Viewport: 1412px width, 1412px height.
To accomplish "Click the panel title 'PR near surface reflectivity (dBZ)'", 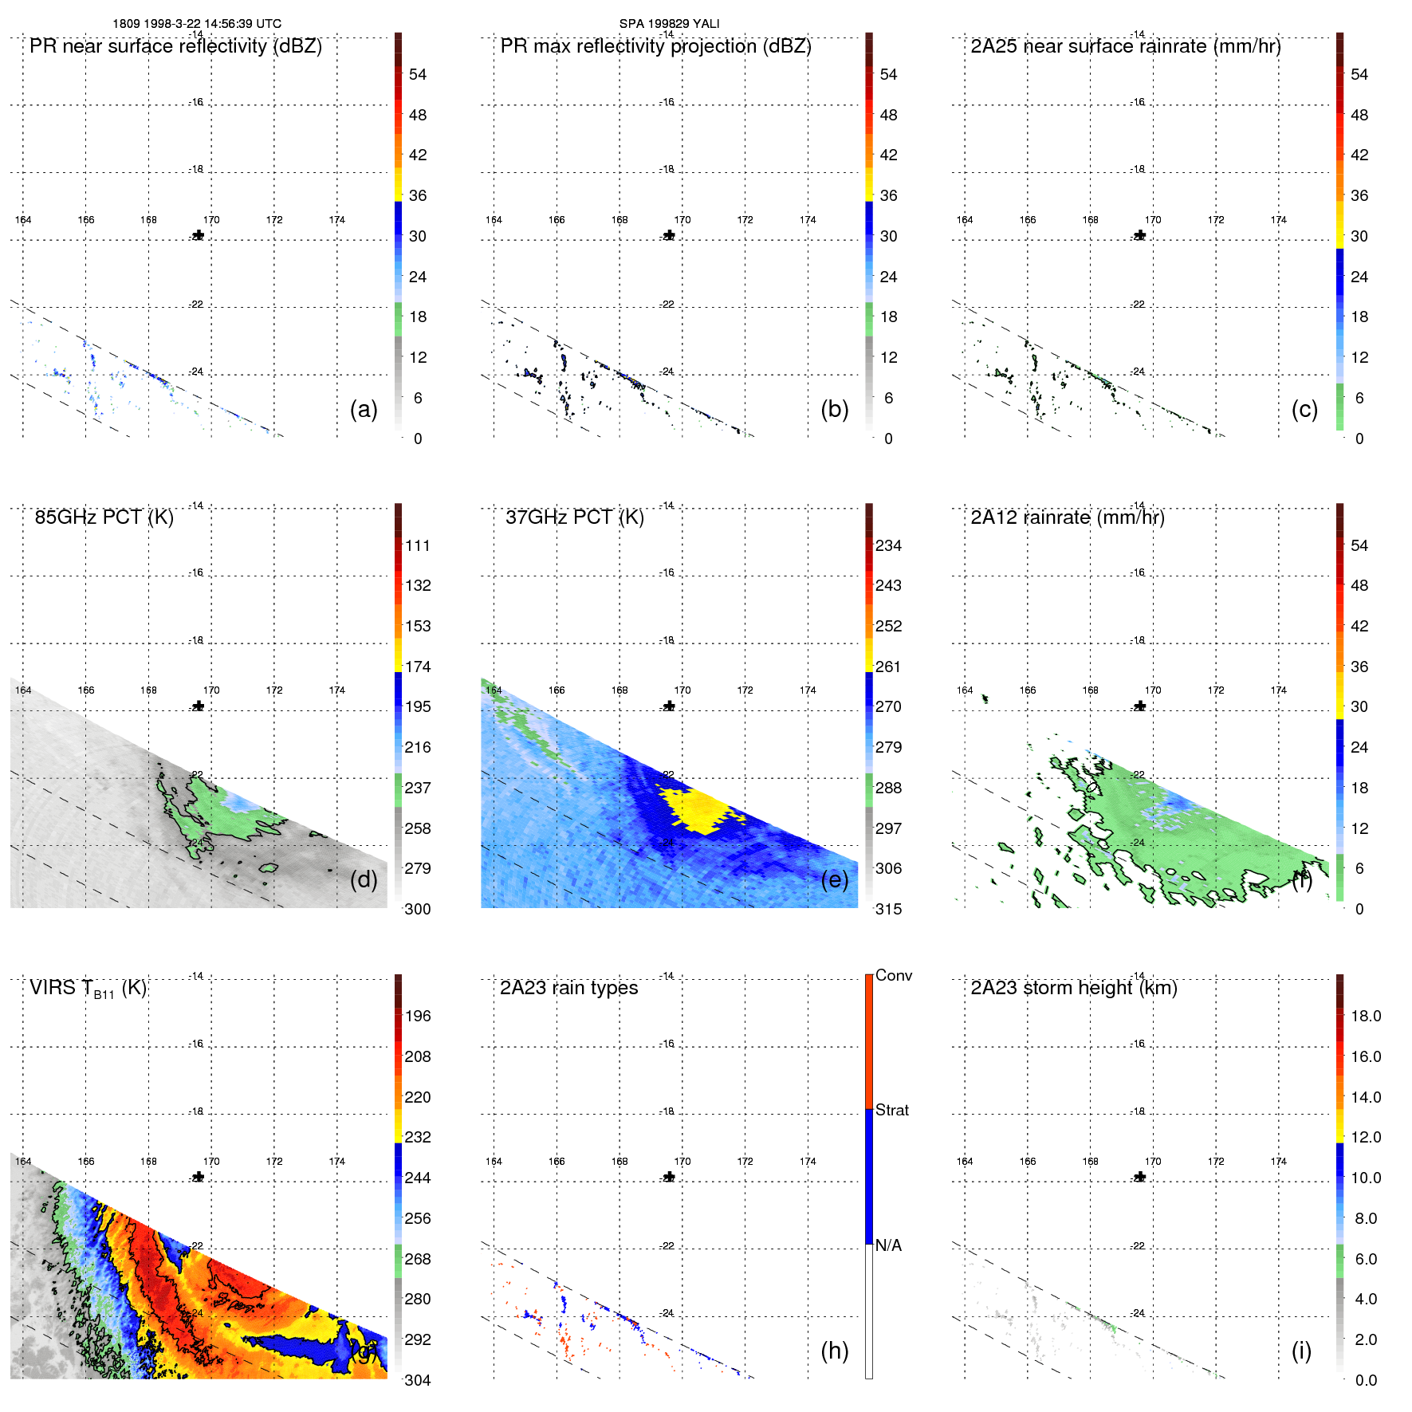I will [175, 46].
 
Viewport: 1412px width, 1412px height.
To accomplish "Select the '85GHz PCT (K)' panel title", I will [104, 517].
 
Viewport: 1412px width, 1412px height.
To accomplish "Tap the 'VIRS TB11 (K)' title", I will [88, 989].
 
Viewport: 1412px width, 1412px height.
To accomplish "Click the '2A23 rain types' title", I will [568, 989].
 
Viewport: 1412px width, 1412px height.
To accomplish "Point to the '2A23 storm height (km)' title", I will [1073, 989].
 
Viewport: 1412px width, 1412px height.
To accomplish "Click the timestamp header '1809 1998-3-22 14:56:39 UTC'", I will [197, 24].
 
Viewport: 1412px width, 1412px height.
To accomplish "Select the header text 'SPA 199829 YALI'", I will [669, 24].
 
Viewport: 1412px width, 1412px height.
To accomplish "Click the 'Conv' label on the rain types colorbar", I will [893, 976].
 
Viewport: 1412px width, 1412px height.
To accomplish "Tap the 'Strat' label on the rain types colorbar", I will [891, 1111].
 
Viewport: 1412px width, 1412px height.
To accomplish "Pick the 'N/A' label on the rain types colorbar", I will [888, 1245].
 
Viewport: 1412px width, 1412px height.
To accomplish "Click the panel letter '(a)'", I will [364, 409].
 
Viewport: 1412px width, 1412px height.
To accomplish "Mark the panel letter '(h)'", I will [834, 1351].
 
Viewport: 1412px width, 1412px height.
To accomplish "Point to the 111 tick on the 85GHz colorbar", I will [418, 546].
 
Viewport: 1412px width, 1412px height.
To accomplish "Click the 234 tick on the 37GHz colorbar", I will [888, 546].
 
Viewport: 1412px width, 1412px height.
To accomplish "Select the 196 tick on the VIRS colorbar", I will [418, 1017].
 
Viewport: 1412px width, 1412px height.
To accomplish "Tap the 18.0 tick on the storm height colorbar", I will [1365, 1017].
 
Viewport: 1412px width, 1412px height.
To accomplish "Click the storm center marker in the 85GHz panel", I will [199, 706].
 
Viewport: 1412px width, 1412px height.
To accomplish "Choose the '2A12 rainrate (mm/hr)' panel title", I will [1067, 517].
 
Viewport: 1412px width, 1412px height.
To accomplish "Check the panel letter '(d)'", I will [364, 879].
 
